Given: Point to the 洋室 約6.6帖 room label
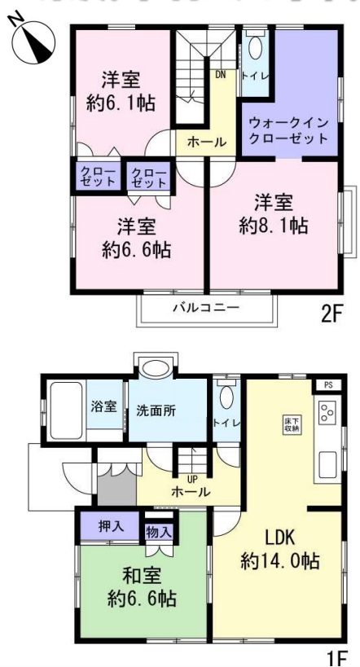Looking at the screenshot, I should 136,238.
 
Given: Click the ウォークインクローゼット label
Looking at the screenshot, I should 289,130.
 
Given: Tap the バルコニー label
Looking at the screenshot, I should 205,309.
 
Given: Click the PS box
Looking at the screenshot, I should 327,384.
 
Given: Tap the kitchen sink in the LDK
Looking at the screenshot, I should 327,465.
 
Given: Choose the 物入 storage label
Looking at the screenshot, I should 158,532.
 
